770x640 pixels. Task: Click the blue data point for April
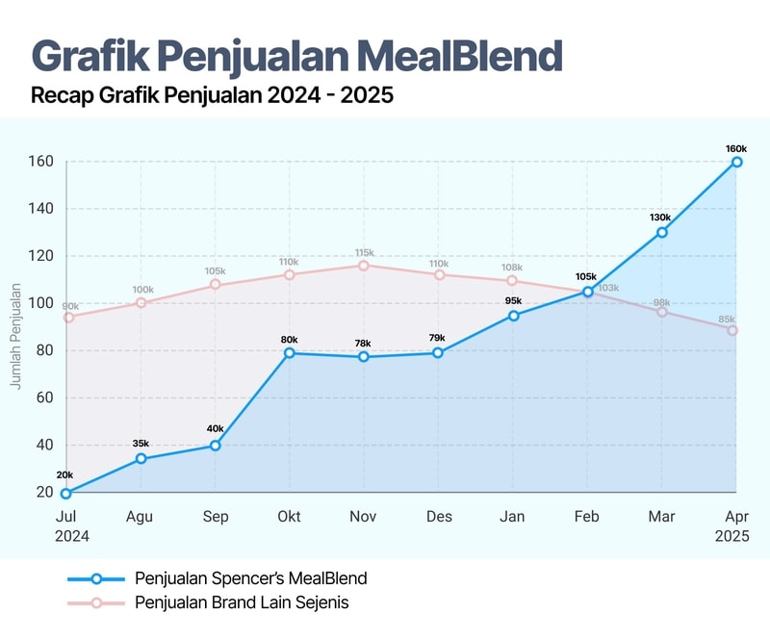click(736, 162)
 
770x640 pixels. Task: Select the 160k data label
click(736, 148)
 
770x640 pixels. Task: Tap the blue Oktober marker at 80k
click(290, 353)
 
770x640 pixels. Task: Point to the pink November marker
click(364, 266)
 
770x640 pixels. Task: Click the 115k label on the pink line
click(364, 252)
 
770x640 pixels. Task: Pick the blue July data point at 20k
click(66, 493)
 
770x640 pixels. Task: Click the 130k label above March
click(661, 218)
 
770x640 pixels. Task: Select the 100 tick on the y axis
click(38, 303)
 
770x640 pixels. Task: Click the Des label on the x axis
click(439, 517)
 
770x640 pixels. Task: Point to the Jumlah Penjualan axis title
click(15, 335)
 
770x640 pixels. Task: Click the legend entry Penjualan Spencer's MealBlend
click(250, 578)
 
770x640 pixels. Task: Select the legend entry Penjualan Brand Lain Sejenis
click(242, 603)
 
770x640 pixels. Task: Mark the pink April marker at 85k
click(732, 330)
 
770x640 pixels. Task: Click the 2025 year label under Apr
click(731, 536)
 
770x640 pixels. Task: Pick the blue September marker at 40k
click(216, 446)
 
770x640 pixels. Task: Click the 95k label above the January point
click(513, 302)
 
